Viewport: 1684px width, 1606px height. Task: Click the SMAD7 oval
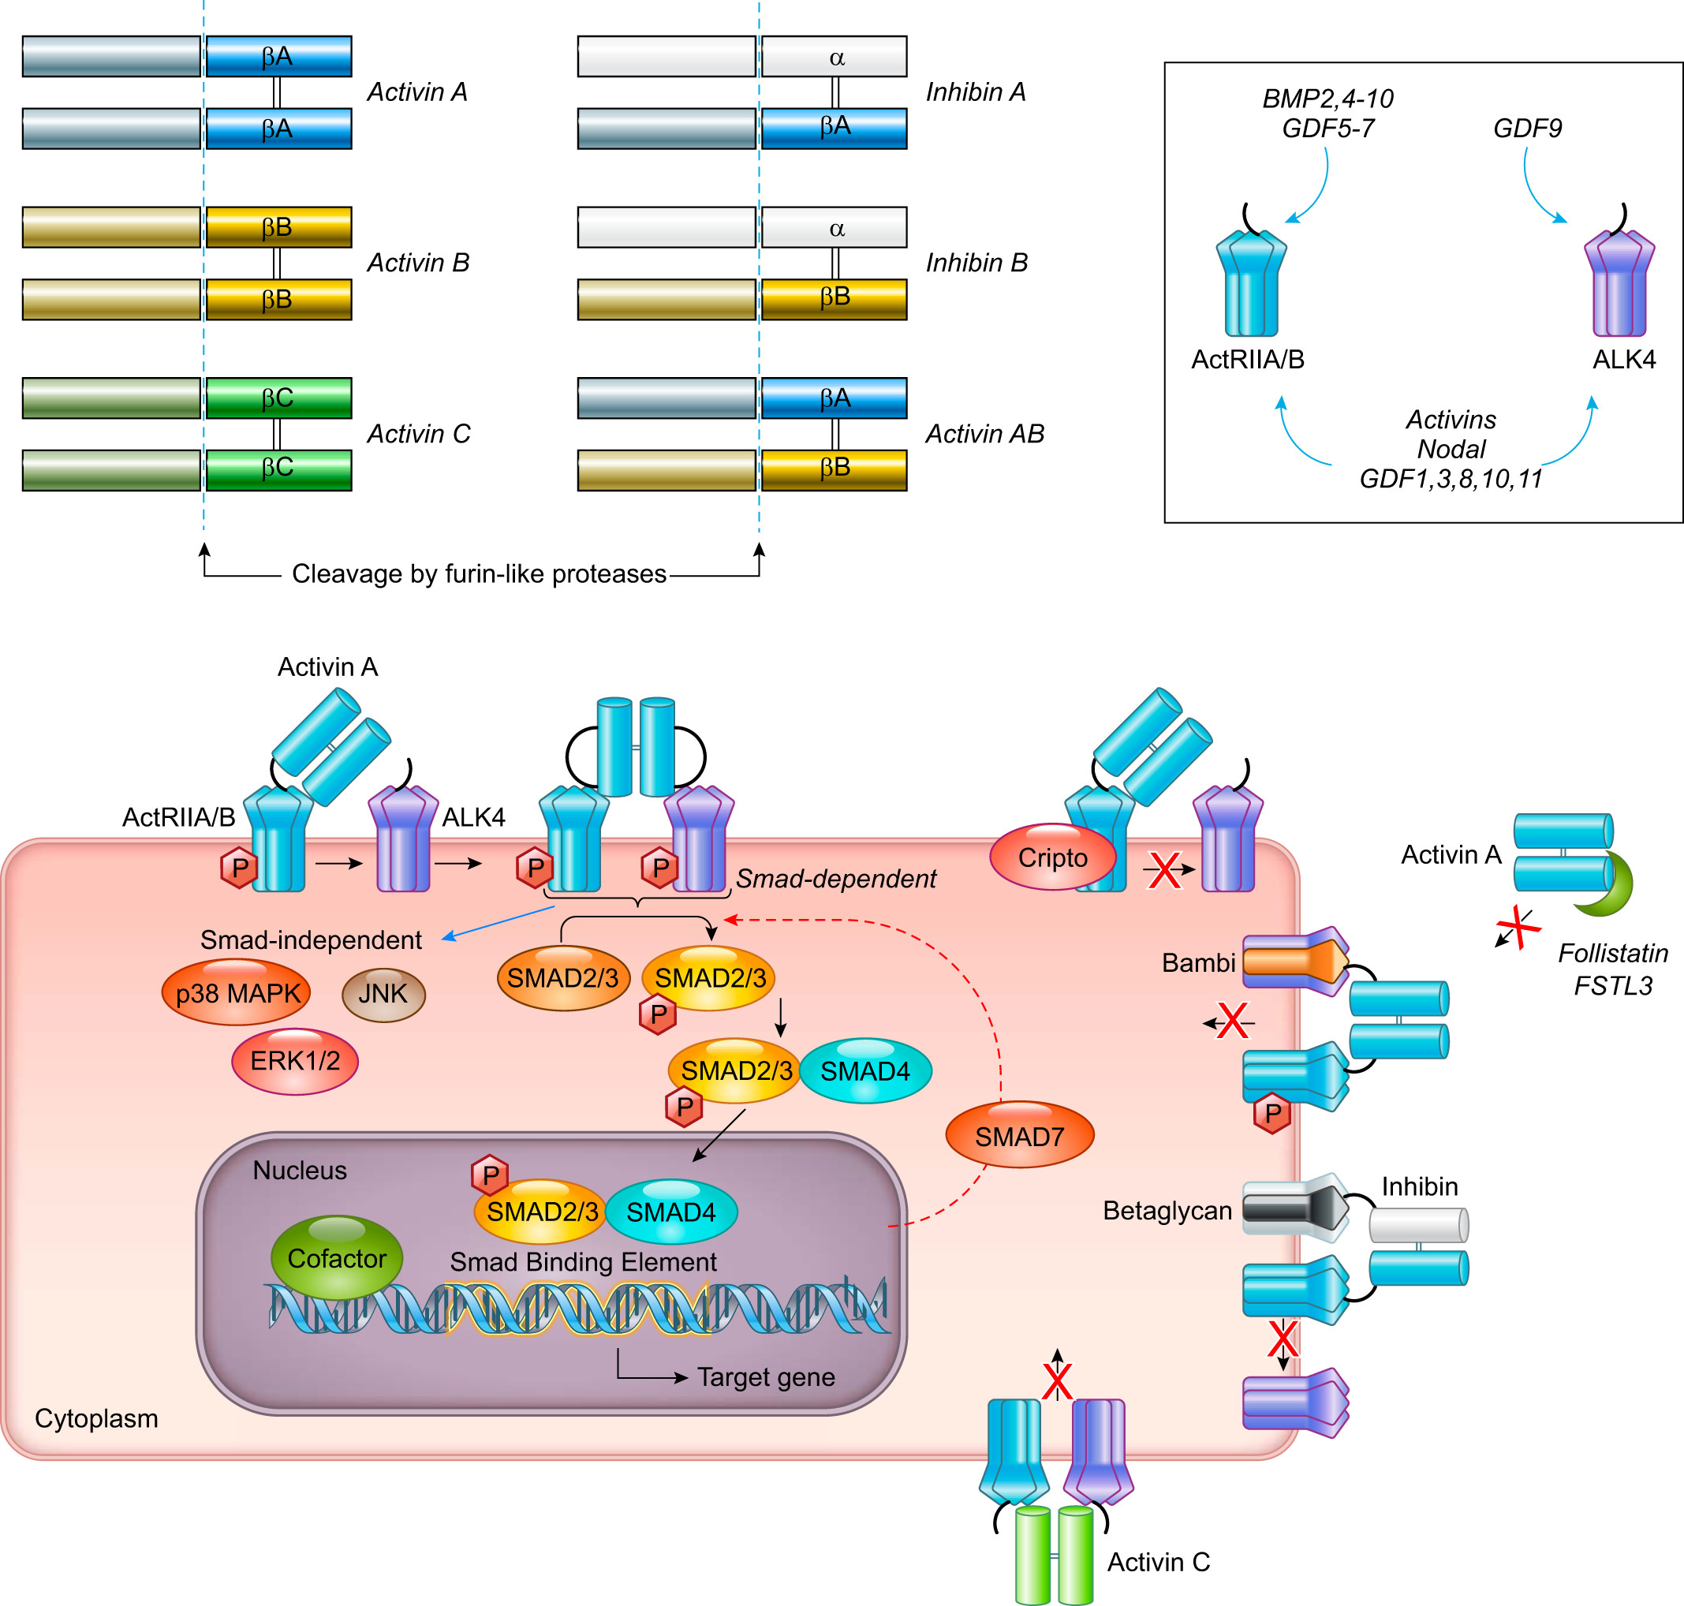tap(1019, 1135)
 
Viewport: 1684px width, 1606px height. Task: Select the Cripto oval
tap(1052, 857)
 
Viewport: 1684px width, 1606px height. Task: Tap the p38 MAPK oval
tap(237, 993)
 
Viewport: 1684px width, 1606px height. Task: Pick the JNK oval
tap(383, 993)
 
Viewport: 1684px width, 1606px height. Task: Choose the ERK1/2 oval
tap(294, 1061)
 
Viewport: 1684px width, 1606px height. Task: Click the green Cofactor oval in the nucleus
tap(337, 1257)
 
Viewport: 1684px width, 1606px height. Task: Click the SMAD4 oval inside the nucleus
tap(670, 1212)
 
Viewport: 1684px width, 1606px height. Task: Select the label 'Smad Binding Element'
tap(583, 1261)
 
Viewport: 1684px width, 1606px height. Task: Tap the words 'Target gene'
tap(765, 1376)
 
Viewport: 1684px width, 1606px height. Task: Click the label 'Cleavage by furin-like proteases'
tap(479, 573)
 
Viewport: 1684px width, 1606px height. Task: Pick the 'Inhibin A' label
tap(975, 92)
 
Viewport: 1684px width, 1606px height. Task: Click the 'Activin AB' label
tap(984, 434)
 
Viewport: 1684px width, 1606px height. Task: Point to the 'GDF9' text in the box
tap(1526, 129)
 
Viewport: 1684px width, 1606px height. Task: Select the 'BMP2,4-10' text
tap(1327, 99)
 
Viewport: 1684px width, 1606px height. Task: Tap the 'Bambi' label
tap(1197, 963)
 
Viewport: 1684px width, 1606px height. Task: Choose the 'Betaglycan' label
tap(1166, 1211)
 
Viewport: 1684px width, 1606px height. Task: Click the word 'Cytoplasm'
tap(96, 1418)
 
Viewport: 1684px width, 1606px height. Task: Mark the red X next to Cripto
tap(1164, 871)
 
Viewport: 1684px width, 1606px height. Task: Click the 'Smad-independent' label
tap(311, 940)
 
